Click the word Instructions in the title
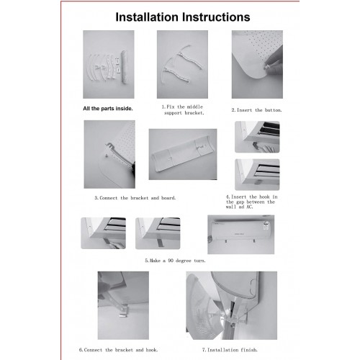point(216,17)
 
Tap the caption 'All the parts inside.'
point(108,109)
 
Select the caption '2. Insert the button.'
point(256,110)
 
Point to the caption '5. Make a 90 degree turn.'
point(175,261)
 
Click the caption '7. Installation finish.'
point(230,350)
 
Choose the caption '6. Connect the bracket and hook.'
point(118,350)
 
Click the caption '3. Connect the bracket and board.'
point(135,198)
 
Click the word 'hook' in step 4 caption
point(264,197)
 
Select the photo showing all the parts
point(109,64)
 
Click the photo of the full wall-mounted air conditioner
point(241,235)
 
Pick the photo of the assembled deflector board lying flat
point(183,154)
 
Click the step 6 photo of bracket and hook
point(123,305)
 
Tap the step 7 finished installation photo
point(232,305)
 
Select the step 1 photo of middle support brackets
point(182,64)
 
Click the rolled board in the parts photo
point(125,67)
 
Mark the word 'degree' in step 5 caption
point(184,261)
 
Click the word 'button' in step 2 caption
point(274,110)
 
